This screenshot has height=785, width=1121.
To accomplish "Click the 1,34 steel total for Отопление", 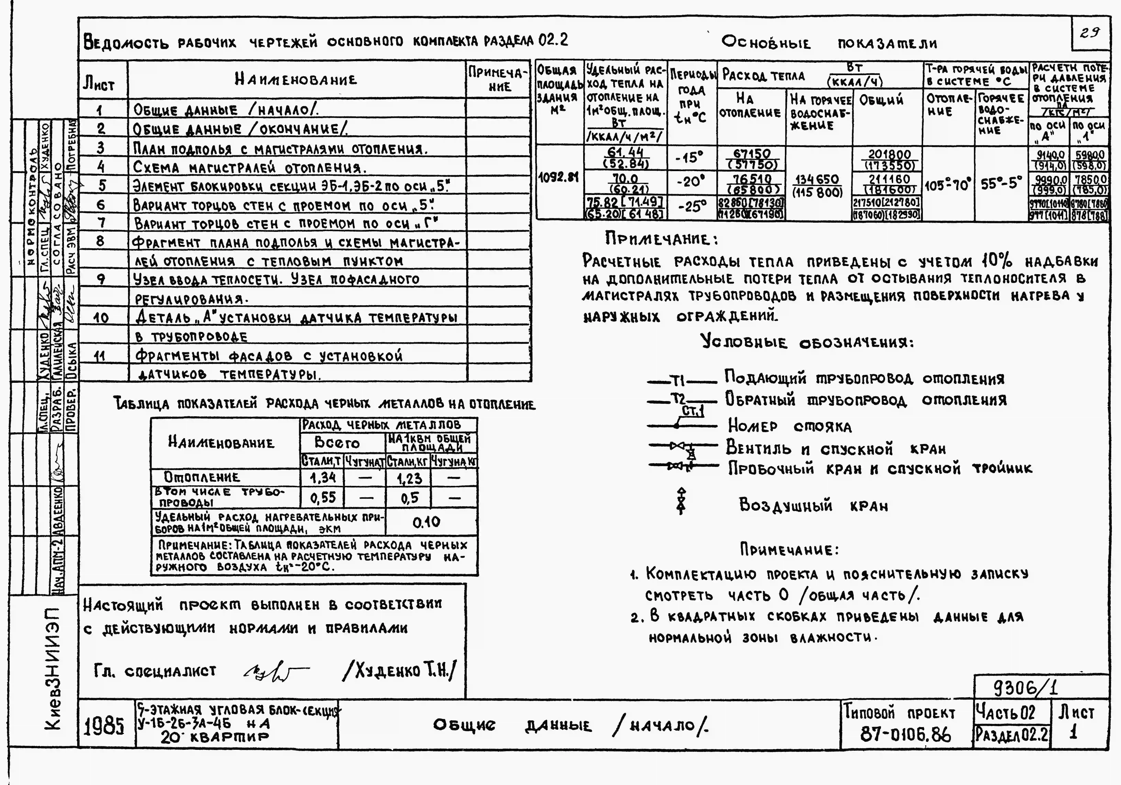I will [322, 477].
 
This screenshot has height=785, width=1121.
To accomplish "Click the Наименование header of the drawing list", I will [296, 80].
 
